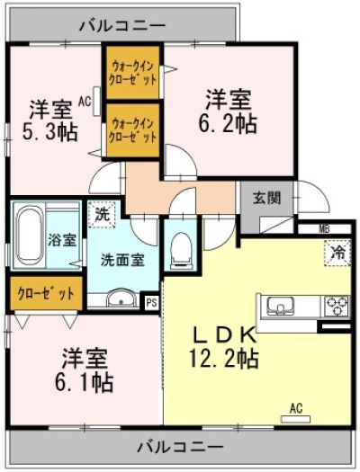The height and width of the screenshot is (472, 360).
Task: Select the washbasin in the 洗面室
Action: point(121,298)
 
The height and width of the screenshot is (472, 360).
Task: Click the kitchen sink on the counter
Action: point(281,306)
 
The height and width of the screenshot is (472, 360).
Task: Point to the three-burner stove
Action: point(337,306)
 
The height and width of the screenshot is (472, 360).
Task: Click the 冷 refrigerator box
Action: point(338,254)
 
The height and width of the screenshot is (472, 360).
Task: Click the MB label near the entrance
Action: point(325,228)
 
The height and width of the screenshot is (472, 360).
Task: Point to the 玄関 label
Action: point(266,199)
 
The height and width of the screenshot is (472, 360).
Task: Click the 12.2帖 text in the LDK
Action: point(223,359)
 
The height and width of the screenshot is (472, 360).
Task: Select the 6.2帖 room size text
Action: point(228,123)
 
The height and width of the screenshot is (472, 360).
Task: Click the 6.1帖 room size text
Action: point(84,382)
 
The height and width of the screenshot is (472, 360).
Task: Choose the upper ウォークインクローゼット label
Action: point(133,73)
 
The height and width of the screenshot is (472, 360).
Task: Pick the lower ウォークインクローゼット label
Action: point(133,130)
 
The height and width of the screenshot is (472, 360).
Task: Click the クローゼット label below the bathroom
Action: point(46,293)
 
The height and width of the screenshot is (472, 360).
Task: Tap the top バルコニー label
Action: point(122,25)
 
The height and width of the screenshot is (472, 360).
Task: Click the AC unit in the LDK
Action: point(295,418)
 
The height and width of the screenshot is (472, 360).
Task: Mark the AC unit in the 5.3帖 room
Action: point(97,101)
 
